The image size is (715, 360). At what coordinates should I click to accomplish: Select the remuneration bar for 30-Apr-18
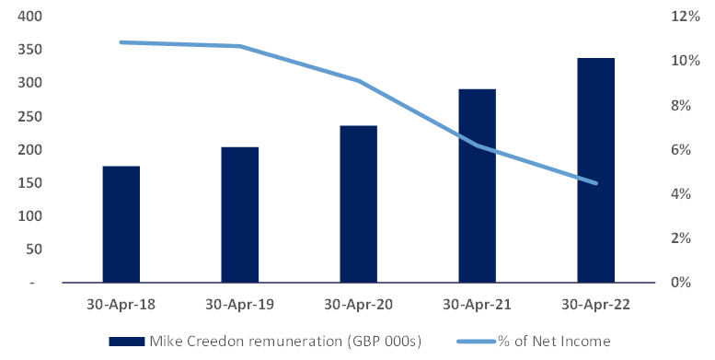point(121,224)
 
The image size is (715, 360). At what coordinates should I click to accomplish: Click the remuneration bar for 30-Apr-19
point(239,215)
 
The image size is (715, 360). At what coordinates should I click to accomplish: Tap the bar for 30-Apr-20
point(358,203)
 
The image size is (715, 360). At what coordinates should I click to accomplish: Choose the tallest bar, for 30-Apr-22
point(595,169)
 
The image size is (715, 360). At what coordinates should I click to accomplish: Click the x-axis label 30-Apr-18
point(121,304)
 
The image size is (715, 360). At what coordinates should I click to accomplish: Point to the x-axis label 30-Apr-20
point(358,304)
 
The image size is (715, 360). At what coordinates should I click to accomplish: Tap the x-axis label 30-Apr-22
point(595,304)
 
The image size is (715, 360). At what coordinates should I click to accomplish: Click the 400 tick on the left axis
point(30,17)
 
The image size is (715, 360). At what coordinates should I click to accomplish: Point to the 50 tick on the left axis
point(34,250)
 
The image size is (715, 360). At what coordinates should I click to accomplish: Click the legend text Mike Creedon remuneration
point(285,342)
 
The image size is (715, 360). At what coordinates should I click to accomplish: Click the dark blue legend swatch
point(126,342)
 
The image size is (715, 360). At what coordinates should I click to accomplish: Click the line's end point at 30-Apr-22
point(595,183)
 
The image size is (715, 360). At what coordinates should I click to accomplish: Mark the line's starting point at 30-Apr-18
point(121,42)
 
